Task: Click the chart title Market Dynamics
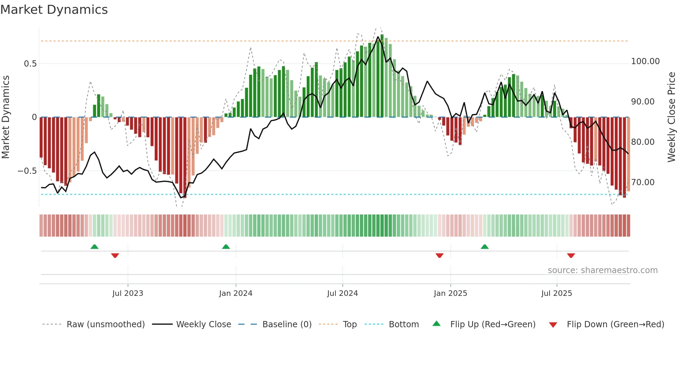(54, 10)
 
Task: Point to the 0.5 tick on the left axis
(30, 64)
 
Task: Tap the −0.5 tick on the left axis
(27, 171)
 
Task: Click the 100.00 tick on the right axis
(645, 61)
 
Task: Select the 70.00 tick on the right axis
(642, 182)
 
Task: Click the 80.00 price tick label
(642, 142)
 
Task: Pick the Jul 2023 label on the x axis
(127, 293)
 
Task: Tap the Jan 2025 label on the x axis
(450, 293)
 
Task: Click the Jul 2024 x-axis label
(342, 293)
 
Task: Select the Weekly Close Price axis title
(671, 117)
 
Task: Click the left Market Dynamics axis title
(6, 117)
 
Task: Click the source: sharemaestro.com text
(602, 270)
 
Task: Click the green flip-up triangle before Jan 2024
(226, 247)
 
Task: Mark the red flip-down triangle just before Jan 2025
(439, 256)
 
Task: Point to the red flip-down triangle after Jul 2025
(571, 256)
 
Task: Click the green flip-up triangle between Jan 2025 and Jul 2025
(485, 247)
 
